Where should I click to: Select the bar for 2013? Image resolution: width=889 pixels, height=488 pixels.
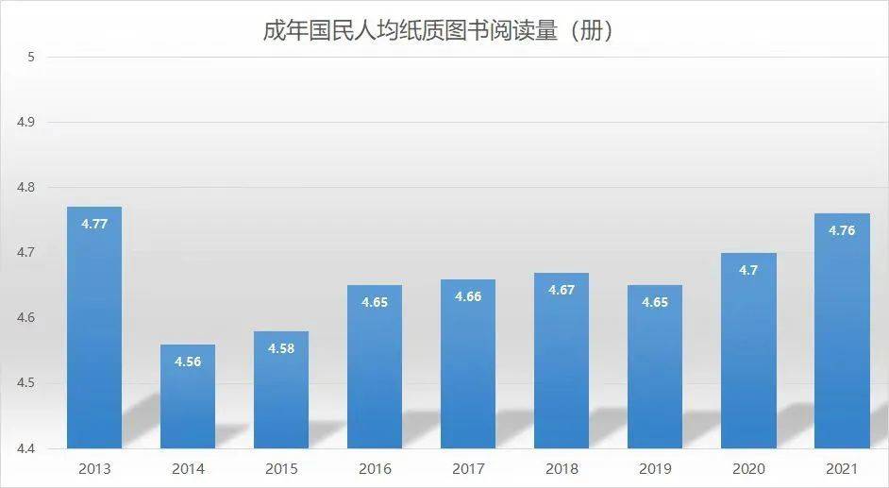[94, 330]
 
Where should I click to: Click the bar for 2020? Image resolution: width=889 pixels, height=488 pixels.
[749, 354]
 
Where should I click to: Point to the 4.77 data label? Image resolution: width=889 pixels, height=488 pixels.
[94, 225]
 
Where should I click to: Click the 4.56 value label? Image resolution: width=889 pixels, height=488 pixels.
[188, 362]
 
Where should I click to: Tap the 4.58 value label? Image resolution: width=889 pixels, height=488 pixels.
[281, 348]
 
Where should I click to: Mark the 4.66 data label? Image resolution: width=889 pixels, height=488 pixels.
[468, 296]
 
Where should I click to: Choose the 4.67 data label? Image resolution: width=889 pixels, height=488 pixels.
[562, 290]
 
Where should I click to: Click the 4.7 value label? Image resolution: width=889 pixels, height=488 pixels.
[749, 270]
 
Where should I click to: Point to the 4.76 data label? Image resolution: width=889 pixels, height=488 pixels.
[842, 230]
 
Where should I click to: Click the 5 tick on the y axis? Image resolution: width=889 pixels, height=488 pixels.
[30, 58]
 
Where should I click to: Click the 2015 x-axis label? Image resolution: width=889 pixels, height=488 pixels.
[281, 468]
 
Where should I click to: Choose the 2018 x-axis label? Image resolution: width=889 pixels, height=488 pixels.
[562, 468]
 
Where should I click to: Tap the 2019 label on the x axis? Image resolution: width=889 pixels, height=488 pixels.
[655, 468]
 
